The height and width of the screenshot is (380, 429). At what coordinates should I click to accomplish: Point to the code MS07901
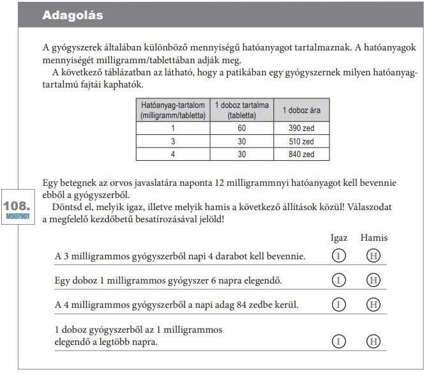point(16,217)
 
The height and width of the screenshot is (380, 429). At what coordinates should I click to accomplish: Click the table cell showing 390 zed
point(301,128)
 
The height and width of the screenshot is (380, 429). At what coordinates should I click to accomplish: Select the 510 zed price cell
point(301,141)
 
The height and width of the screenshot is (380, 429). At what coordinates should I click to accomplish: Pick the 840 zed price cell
point(301,154)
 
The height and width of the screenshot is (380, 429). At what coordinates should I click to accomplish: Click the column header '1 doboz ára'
point(301,110)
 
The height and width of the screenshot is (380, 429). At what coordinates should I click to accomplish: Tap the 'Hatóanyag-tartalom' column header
point(172,110)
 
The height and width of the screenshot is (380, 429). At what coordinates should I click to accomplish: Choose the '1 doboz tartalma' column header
point(241,110)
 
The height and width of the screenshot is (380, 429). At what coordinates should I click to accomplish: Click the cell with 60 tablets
point(241,128)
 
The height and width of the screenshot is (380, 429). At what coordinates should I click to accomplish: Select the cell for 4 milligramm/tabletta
point(172,154)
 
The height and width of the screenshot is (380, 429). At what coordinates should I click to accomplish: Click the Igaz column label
point(338,238)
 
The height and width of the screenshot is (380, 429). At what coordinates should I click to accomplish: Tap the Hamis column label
point(373,238)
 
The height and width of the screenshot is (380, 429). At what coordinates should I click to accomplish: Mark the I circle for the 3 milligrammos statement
point(338,256)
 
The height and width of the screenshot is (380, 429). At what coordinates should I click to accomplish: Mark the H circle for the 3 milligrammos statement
point(373,256)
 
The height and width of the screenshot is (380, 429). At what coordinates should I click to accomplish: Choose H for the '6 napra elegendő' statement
point(373,280)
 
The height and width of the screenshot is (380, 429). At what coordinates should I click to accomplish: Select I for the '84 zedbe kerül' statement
point(338,304)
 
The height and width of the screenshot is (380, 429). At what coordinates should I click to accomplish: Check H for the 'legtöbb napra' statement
point(373,342)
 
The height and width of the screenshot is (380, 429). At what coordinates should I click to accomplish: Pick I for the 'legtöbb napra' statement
point(338,342)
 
